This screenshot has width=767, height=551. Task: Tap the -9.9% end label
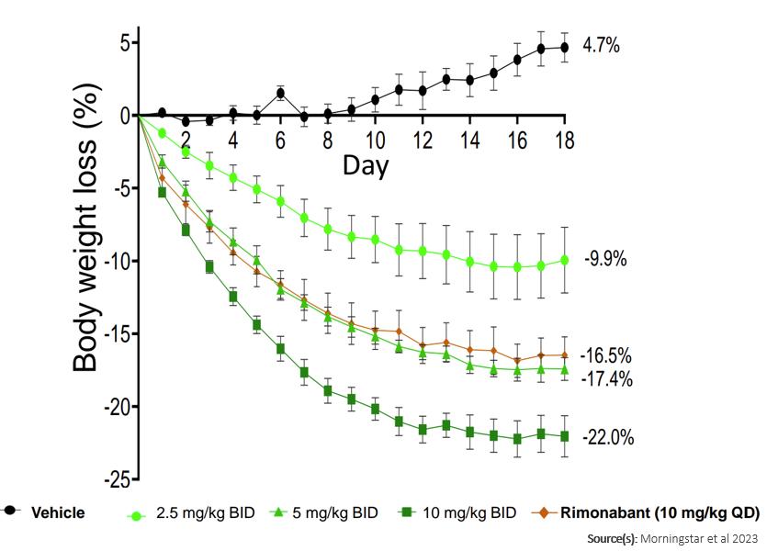point(606,259)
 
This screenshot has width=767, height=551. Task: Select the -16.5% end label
point(608,356)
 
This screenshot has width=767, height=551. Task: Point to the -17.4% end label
point(608,377)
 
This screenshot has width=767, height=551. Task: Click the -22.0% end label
point(608,438)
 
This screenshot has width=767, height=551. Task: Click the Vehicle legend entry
point(59,512)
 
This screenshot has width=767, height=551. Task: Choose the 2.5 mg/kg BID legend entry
point(193,513)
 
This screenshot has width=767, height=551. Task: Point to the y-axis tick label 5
point(123,43)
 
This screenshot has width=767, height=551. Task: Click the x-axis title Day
point(366,166)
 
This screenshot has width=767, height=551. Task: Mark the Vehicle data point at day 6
point(280,93)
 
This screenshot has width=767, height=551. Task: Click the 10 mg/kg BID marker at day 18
point(564,436)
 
